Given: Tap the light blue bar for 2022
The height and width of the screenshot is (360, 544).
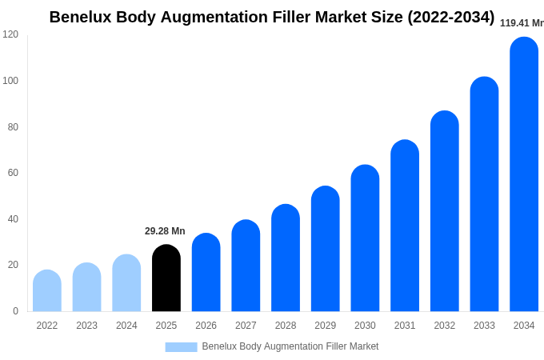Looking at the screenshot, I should (47, 291).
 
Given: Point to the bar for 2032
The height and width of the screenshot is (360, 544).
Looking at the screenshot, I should (445, 211).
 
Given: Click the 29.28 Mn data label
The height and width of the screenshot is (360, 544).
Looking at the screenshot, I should (165, 231).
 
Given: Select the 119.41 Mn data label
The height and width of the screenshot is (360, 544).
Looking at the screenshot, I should (522, 23).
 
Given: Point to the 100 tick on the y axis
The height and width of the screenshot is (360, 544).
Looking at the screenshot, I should (10, 81).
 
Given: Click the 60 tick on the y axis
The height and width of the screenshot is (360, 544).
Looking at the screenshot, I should (13, 173).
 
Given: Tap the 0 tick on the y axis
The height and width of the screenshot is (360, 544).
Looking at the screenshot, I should (15, 311).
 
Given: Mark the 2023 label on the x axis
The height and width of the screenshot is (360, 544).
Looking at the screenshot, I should (86, 326).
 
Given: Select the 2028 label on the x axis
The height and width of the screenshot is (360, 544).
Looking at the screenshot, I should (286, 326).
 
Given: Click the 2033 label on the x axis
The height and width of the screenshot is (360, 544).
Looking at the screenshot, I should (484, 326).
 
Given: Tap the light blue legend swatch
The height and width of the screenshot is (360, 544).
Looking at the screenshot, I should (181, 347).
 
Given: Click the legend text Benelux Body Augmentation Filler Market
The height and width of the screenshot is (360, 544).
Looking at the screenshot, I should (290, 346).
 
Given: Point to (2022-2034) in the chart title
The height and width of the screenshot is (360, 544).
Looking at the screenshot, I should (450, 17).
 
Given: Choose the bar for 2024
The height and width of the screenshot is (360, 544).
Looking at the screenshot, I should (126, 283).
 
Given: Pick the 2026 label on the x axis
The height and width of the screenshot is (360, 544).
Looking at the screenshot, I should (206, 326).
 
